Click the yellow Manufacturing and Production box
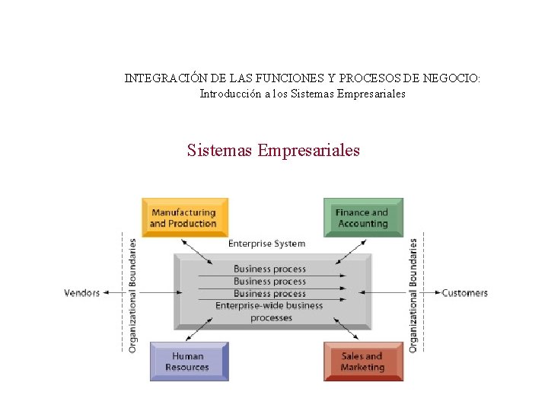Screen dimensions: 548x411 [x=184, y=218]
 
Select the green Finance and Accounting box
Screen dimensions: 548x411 [x=363, y=218]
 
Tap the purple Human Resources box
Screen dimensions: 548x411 [x=188, y=362]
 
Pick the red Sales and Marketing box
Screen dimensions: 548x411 [x=363, y=362]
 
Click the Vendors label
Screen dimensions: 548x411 [x=82, y=293]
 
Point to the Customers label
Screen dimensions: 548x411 [x=464, y=293]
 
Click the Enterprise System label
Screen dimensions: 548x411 [x=266, y=244]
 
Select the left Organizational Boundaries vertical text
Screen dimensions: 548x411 [x=132, y=295]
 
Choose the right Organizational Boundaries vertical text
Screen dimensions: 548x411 [x=413, y=295]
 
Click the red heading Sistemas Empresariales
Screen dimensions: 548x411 [x=273, y=150]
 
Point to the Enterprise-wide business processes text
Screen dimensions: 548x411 [x=269, y=312]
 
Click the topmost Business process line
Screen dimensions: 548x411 [x=269, y=269]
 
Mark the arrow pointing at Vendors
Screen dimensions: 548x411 [x=114, y=292]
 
